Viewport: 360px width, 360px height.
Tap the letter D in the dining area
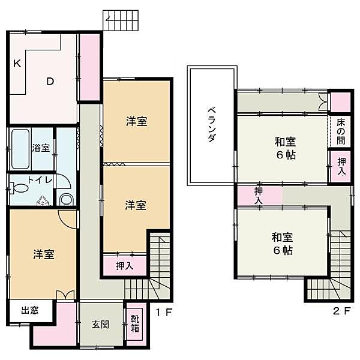52,82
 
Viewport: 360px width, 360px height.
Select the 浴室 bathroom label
41,148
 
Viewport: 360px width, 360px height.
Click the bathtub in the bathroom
20,148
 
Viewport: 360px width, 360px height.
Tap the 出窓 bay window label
29,310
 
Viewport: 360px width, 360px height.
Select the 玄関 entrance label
100,325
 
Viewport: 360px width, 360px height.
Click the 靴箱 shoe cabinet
135,324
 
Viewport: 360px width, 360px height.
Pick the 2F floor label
341,311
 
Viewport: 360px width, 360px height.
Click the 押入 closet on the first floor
124,265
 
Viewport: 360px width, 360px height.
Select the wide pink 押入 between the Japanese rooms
259,195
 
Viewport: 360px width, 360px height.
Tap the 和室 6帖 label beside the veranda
286,147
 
